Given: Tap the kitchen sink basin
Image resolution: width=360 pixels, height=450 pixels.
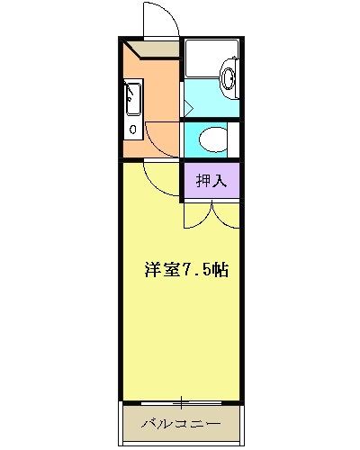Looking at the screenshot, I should pyautogui.click(x=132, y=98).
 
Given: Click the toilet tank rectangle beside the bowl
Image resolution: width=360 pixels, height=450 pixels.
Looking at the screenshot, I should pyautogui.click(x=233, y=139).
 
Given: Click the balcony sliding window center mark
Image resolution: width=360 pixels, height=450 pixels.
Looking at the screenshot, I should pyautogui.click(x=183, y=401).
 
